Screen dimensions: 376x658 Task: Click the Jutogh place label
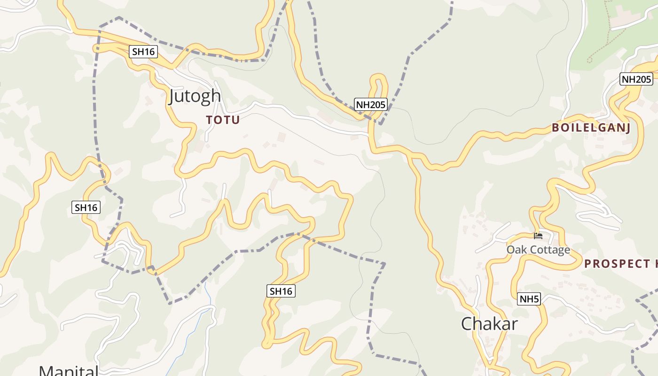195,96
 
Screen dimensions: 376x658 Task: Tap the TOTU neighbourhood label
223,120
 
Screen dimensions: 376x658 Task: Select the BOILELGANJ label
591,128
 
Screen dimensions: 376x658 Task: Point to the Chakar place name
489,324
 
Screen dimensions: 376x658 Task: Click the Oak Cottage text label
538,250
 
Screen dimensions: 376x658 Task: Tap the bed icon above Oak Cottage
538,236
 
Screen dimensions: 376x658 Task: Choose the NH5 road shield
529,298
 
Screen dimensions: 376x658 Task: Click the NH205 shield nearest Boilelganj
636,79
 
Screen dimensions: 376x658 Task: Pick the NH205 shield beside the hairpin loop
371,104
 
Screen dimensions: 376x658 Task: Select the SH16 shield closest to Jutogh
143,52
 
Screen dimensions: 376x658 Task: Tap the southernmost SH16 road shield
281,291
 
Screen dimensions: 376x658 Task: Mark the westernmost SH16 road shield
86,207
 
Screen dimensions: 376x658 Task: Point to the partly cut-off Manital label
69,370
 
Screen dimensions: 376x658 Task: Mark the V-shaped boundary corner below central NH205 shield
381,124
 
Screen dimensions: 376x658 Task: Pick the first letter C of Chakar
467,324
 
